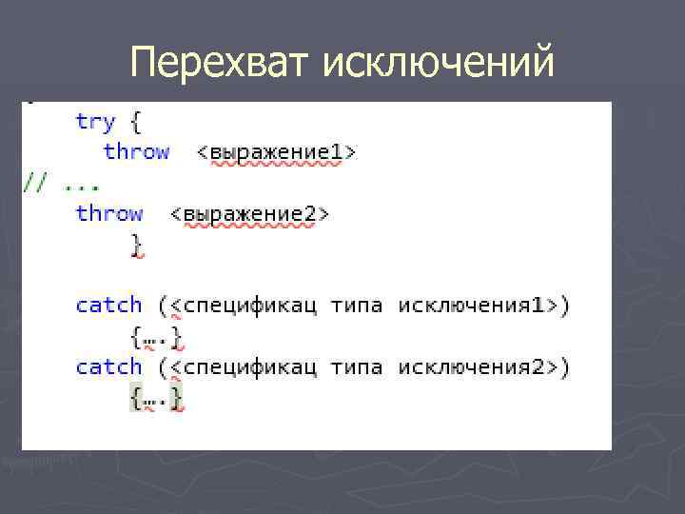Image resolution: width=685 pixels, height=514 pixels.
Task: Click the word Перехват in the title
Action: coord(222,63)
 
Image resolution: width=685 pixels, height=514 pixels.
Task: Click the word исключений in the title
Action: coord(439,63)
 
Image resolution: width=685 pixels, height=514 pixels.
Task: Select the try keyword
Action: coord(95,122)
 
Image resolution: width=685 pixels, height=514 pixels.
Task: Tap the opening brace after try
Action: coord(136,122)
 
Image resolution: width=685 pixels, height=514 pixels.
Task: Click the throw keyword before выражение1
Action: coord(136,151)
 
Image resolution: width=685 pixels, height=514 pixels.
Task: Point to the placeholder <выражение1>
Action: coord(276,152)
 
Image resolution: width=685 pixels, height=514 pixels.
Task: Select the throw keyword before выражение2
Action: coord(108,213)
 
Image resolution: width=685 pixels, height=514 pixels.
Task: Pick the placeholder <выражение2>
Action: coord(249,214)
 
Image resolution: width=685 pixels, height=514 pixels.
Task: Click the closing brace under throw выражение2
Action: coord(137,244)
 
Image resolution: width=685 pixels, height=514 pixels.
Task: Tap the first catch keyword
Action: coord(108,306)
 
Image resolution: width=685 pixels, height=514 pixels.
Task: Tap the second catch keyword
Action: coord(108,366)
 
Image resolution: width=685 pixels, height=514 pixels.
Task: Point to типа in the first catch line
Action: coord(357,306)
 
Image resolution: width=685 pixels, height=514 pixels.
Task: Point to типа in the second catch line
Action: coord(357,366)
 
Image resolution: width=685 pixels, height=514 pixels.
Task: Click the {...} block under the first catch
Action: coord(157,336)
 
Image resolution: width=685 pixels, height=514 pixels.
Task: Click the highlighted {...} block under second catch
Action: coord(157,397)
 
